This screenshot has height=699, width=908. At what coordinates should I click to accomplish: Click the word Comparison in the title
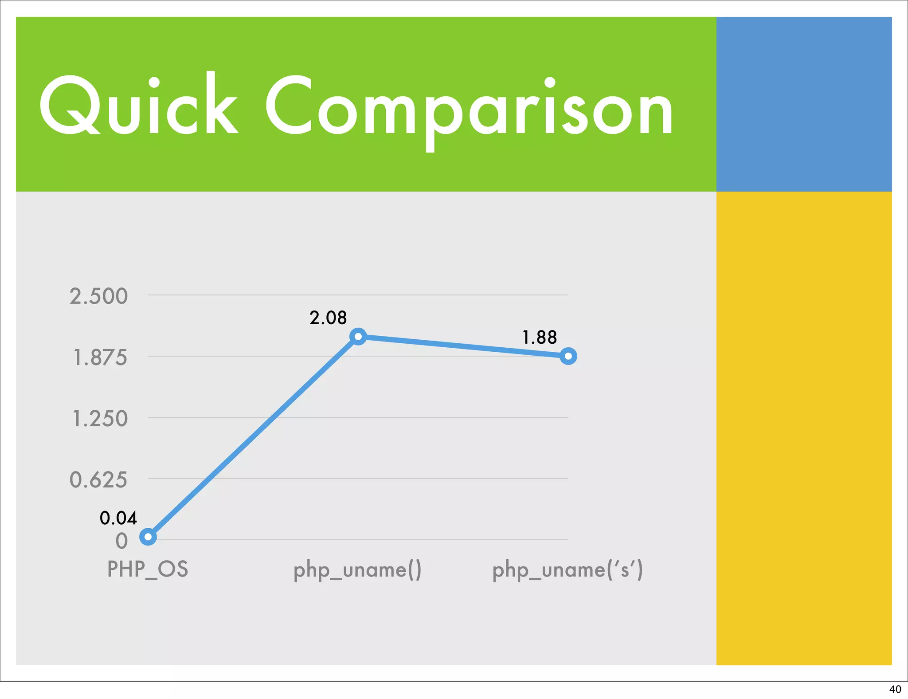469,109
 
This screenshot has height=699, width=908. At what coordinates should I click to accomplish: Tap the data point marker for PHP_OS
148,537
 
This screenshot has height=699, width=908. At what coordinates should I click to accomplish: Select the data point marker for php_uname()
358,337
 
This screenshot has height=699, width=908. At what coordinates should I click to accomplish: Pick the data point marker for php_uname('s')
568,356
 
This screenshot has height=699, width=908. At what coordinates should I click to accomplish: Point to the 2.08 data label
328,318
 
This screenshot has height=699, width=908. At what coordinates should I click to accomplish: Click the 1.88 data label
539,338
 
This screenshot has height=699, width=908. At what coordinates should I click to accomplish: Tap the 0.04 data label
118,518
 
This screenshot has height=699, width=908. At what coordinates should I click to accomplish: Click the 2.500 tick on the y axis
98,296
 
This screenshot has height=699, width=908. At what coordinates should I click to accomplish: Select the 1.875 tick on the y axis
100,357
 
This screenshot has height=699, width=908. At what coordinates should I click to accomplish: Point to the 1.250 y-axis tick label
100,419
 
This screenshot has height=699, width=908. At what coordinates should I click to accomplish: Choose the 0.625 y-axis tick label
98,480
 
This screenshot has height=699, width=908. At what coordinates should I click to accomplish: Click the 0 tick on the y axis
121,541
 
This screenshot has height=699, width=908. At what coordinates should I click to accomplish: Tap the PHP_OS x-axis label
148,569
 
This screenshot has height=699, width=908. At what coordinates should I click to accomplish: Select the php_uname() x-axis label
357,570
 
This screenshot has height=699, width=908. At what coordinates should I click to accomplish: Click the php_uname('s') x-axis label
567,570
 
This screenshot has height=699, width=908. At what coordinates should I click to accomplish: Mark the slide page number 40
895,689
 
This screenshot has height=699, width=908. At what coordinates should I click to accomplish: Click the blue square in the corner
804,104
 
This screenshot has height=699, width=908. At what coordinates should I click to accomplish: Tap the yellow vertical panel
804,428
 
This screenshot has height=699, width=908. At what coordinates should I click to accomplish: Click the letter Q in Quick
69,106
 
